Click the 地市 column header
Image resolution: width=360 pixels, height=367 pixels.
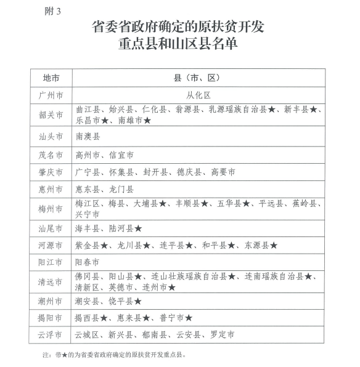click(51, 78)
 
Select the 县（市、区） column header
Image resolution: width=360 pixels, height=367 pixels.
click(198, 78)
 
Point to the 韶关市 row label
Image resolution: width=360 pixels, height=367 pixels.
click(51, 115)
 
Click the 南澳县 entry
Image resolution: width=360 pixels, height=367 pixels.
click(88, 135)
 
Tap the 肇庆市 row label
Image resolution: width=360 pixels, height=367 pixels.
click(51, 173)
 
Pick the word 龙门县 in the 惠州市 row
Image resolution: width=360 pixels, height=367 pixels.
click(121, 190)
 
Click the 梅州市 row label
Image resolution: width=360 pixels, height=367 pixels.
click(51, 209)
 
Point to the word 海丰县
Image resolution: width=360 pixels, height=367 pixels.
click(88, 228)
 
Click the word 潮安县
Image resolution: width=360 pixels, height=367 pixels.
click(88, 301)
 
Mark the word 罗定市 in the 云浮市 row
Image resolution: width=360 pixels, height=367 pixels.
click(222, 336)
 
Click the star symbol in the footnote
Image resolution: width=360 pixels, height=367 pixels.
click(60, 355)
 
